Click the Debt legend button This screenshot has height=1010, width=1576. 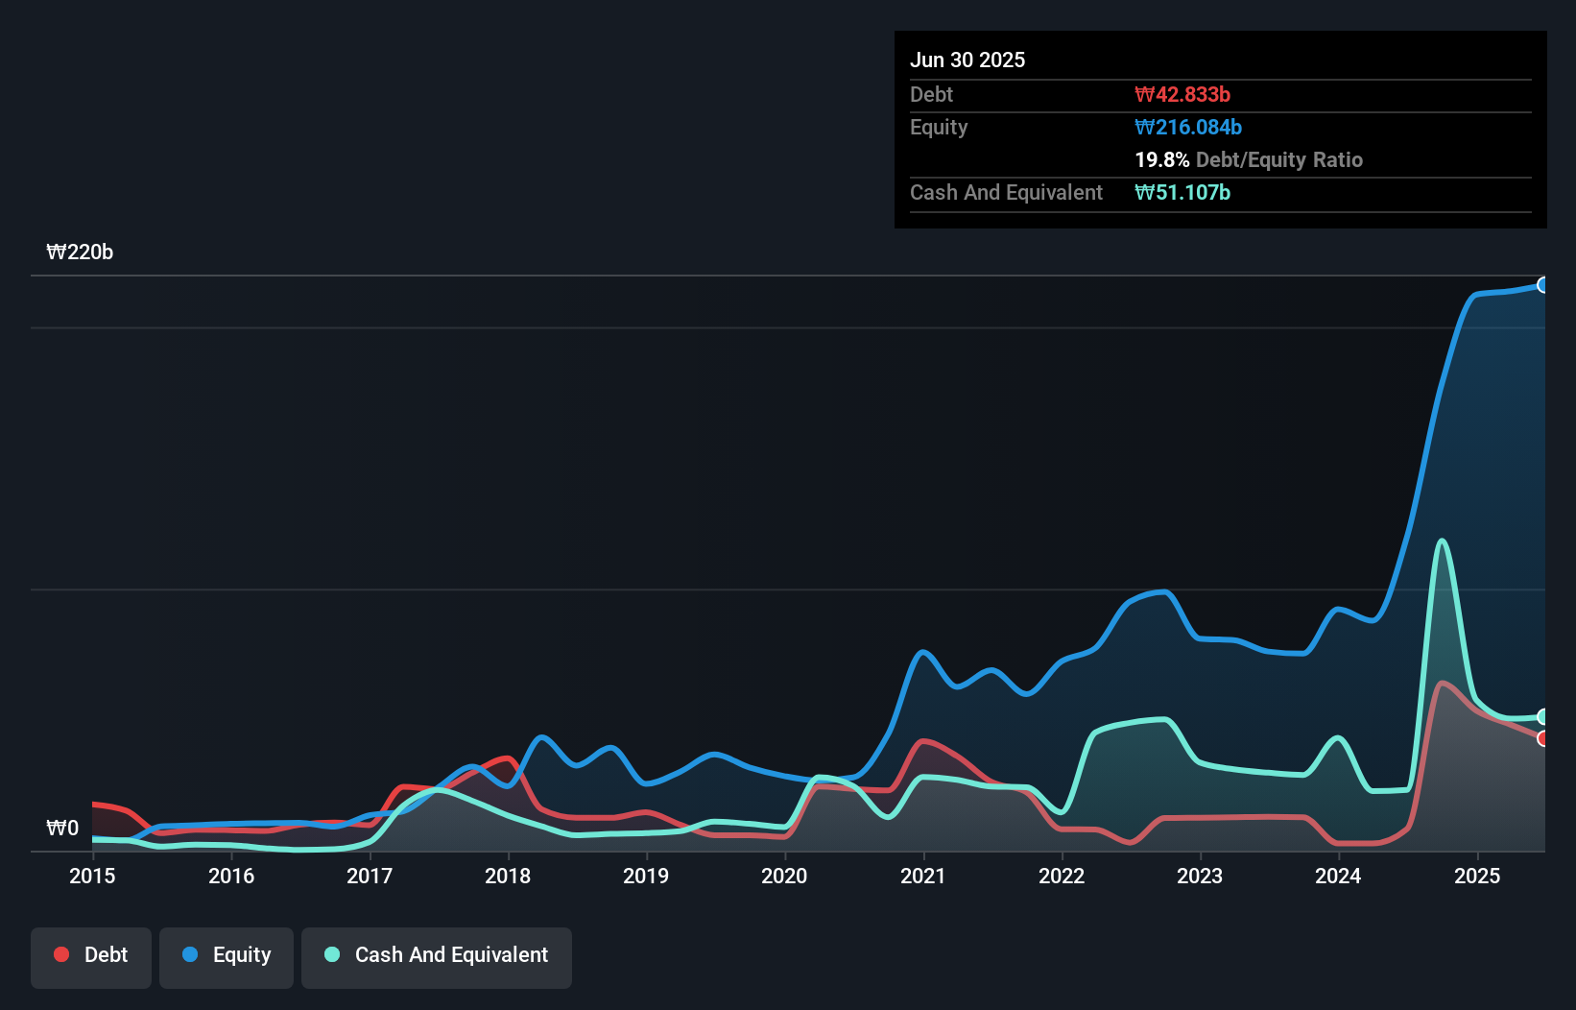91,955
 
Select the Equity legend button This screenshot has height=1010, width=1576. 227,955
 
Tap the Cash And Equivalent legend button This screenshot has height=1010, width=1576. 437,955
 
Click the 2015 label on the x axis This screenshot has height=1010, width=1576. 92,876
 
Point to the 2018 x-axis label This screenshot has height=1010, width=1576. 508,876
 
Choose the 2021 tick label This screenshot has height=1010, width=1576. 922,876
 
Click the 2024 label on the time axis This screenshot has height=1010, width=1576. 1338,876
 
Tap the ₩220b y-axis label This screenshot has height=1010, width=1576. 80,252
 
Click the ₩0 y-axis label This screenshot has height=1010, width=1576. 62,829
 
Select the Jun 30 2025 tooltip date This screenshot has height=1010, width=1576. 967,60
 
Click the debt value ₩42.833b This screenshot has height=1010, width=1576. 1182,94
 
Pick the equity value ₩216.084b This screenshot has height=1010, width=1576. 1188,127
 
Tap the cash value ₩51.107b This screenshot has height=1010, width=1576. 1182,192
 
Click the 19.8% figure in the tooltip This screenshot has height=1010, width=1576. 1161,159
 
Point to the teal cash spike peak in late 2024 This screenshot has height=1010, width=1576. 1442,541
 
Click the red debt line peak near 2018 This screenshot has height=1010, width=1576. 508,758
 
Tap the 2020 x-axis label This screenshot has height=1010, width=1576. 784,876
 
